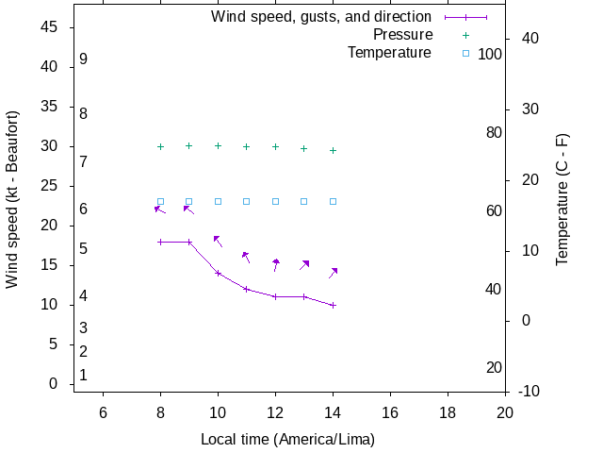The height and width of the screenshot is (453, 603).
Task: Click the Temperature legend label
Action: click(389, 53)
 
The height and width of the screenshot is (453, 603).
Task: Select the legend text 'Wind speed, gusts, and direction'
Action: click(321, 17)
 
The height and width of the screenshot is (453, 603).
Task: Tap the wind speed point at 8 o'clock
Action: click(160, 242)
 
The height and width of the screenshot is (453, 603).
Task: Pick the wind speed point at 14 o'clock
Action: click(333, 305)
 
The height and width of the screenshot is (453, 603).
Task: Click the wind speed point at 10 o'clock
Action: click(218, 273)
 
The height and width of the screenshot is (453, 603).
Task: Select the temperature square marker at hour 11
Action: click(247, 201)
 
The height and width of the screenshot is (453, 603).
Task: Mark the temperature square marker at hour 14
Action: click(333, 201)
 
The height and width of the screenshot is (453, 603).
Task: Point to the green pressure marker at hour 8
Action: click(160, 146)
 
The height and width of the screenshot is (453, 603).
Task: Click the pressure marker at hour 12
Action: click(275, 146)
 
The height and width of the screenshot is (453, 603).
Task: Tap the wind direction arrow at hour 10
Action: click(218, 241)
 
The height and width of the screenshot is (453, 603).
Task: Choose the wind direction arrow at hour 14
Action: click(333, 273)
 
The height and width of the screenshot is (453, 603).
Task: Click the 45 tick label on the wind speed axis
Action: click(51, 27)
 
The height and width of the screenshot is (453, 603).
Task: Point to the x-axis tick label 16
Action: click(390, 411)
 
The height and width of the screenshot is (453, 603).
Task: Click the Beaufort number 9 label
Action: click(84, 59)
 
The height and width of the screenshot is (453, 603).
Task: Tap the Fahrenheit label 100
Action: click(490, 54)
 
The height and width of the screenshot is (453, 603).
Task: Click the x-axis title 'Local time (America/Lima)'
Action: click(287, 440)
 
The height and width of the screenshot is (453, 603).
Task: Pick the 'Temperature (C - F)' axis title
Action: click(562, 199)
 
